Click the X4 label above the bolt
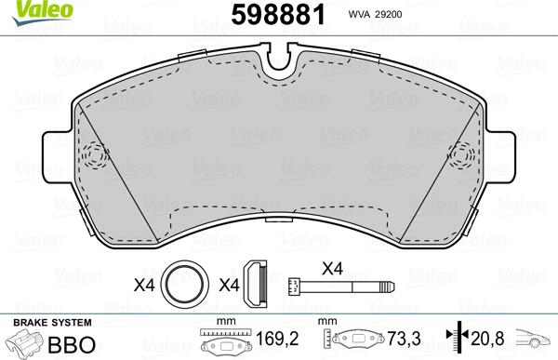pyautogui.click(x=331, y=268)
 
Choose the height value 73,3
pyautogui.click(x=401, y=340)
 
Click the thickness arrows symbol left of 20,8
pyautogui.click(x=456, y=340)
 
